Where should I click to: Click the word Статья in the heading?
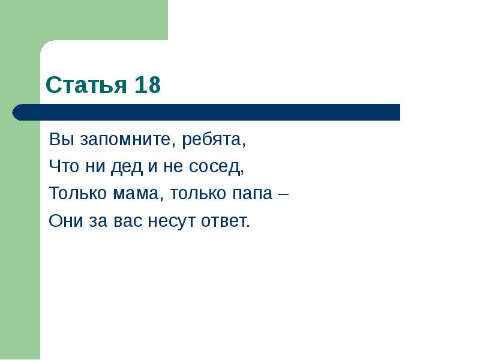85,86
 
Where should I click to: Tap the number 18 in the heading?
147,86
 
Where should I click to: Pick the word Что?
62,167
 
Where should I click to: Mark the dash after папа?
283,195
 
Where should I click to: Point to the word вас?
126,221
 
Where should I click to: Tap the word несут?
170,221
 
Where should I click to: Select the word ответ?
225,221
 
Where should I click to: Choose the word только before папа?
198,194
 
